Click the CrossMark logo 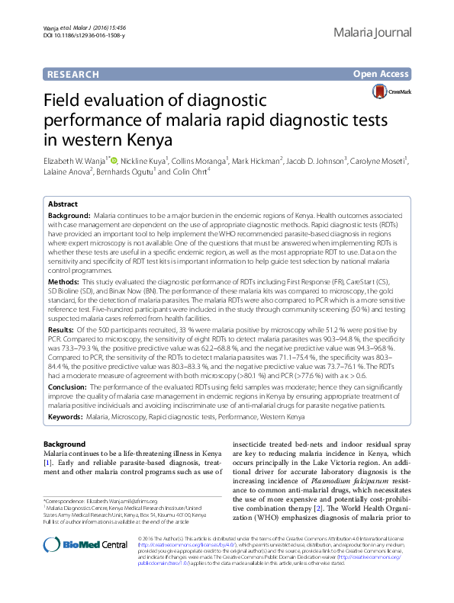390,92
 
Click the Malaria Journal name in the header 373,33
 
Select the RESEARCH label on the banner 73,74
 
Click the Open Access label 382,74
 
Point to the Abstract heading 62,205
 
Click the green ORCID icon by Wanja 114,160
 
